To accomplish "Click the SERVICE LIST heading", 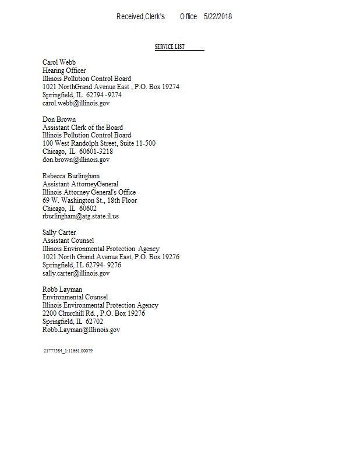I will point(170,47).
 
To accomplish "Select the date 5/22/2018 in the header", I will point(218,17).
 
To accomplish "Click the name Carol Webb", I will point(59,62).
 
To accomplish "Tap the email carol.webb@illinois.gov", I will point(76,103).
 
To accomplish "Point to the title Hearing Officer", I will point(64,70).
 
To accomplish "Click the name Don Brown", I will point(59,119).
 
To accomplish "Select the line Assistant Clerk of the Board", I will point(83,128).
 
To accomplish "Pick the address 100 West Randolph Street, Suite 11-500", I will point(99,143).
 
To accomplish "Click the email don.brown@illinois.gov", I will point(76,160).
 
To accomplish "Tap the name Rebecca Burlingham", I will point(71,176).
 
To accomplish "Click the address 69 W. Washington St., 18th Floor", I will point(90,200).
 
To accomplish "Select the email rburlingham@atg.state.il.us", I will point(80,216).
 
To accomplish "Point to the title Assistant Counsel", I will point(68,241).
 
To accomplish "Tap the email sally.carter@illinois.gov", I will point(76,273).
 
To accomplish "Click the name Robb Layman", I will point(62,290).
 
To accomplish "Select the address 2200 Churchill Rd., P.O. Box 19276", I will point(94,313).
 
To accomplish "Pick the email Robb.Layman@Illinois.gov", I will point(81,330).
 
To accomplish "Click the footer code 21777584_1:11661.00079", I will point(68,351).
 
